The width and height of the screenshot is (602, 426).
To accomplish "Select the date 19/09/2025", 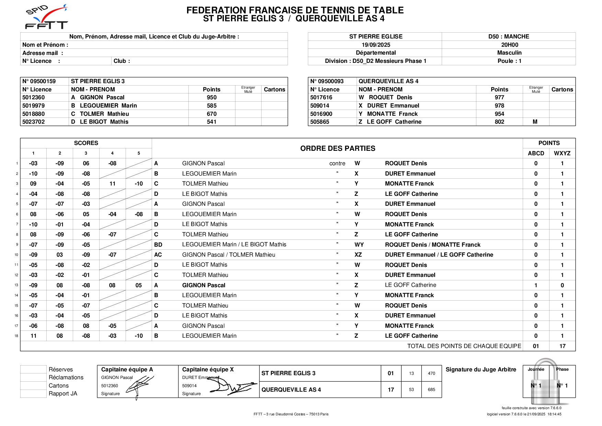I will (x=375, y=45).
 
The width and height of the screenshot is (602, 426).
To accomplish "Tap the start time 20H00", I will (x=509, y=45).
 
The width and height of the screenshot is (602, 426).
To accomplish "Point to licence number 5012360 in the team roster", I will (x=34, y=98).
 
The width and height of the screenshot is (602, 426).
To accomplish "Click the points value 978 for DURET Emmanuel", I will (x=499, y=105).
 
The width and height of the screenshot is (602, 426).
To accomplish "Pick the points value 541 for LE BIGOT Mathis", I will (x=211, y=122).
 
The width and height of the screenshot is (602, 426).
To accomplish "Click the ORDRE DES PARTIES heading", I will (x=337, y=148).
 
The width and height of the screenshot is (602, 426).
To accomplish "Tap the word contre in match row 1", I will (x=337, y=164).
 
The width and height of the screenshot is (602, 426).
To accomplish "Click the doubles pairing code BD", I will (x=158, y=245).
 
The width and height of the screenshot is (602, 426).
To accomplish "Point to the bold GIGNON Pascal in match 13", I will (x=204, y=285).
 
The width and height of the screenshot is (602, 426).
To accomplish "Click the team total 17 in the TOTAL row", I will (x=562, y=346).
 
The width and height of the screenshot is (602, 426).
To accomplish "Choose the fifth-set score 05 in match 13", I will (x=139, y=285).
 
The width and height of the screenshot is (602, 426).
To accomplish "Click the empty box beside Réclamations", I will (x=33, y=377).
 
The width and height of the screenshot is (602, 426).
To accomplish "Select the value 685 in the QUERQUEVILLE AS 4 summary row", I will (x=431, y=390).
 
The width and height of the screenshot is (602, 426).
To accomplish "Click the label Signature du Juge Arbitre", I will (x=481, y=369).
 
